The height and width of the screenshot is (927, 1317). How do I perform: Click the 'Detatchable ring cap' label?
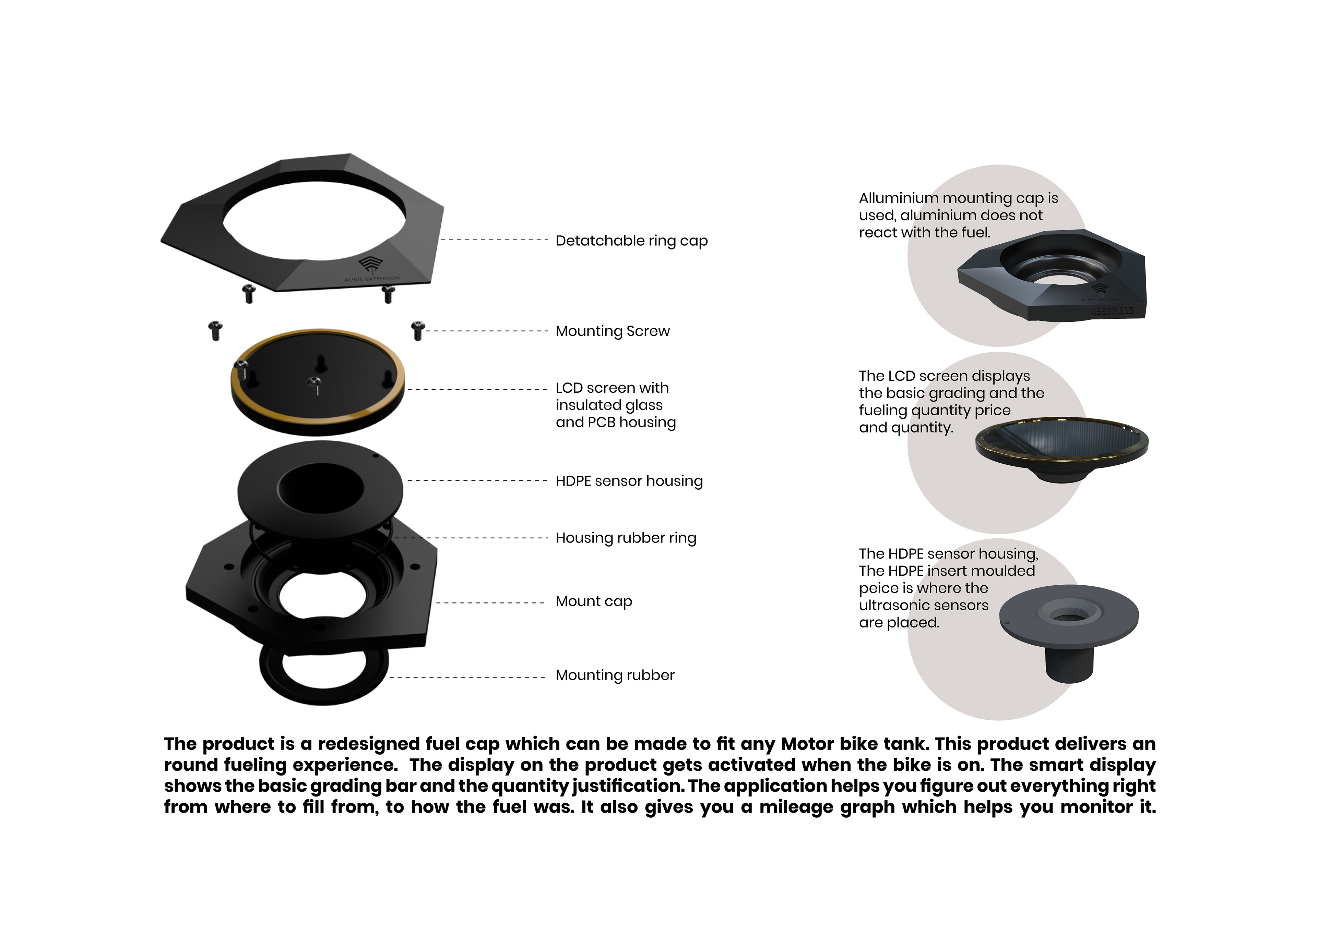click(x=631, y=241)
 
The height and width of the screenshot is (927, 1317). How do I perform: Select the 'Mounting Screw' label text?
click(x=612, y=331)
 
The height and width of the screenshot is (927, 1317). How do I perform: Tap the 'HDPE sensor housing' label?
click(x=629, y=481)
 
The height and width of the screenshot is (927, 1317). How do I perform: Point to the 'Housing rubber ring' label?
click(x=625, y=538)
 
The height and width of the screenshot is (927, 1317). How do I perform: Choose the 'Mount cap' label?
click(x=594, y=601)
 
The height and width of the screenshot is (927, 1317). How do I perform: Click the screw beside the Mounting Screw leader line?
click(x=418, y=330)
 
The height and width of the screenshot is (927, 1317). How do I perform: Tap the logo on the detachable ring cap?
click(x=370, y=265)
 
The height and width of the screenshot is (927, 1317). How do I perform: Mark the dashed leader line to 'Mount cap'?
click(x=490, y=602)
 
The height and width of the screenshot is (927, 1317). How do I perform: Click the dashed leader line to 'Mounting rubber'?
click(x=467, y=678)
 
